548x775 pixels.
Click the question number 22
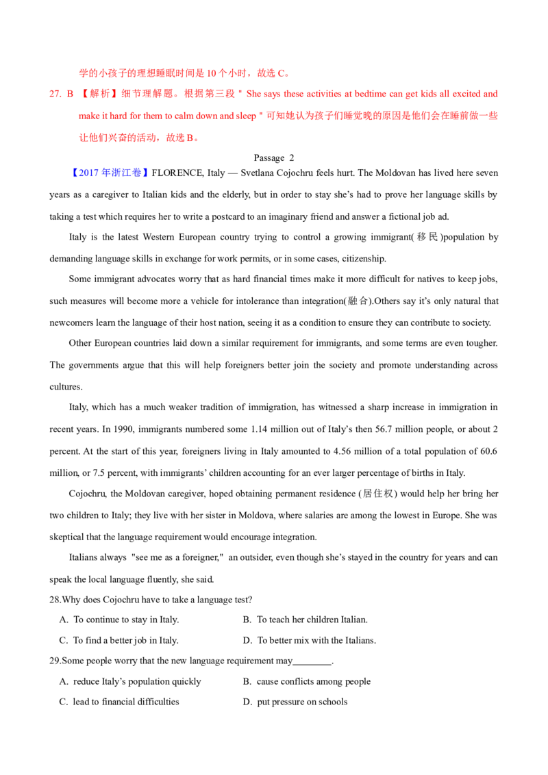click(x=53, y=94)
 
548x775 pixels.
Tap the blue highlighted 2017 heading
click(x=110, y=173)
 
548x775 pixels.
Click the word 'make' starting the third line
click(x=87, y=116)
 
